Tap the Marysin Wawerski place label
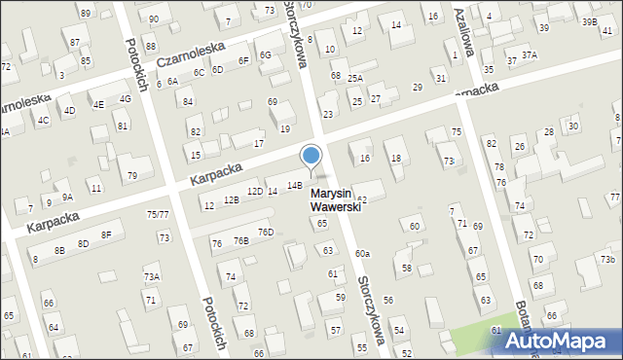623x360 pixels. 336,200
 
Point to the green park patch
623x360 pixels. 477,341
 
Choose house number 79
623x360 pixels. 132,175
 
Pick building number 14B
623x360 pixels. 294,184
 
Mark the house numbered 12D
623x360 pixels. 254,191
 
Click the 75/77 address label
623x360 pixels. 158,214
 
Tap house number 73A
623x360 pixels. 152,277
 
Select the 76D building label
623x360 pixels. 266,232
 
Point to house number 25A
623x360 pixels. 355,78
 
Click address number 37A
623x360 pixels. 529,55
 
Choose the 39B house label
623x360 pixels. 589,21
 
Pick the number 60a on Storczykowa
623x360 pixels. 362,253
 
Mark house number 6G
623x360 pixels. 265,54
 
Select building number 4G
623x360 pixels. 125,98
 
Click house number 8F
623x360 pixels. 107,235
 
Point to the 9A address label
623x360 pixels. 67,197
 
